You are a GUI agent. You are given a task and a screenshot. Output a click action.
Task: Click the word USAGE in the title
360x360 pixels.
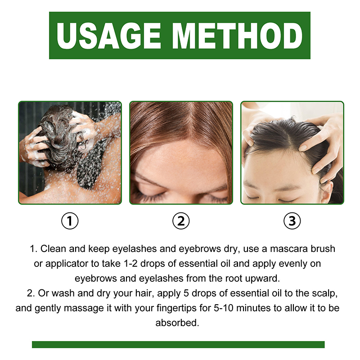[x=108, y=36]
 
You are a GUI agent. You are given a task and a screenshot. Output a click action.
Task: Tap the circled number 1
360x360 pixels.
[x=70, y=221]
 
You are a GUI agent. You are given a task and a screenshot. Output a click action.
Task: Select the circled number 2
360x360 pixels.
[x=181, y=221]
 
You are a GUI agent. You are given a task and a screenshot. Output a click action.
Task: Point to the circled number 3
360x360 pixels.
[x=292, y=221]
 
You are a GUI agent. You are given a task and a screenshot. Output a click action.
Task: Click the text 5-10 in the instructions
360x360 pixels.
[x=223, y=308]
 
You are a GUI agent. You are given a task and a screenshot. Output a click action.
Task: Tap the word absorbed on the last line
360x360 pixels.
[x=177, y=323]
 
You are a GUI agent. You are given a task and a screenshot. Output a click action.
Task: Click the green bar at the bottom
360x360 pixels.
[x=178, y=344]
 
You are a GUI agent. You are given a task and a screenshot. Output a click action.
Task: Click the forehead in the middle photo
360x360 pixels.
[x=180, y=161]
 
